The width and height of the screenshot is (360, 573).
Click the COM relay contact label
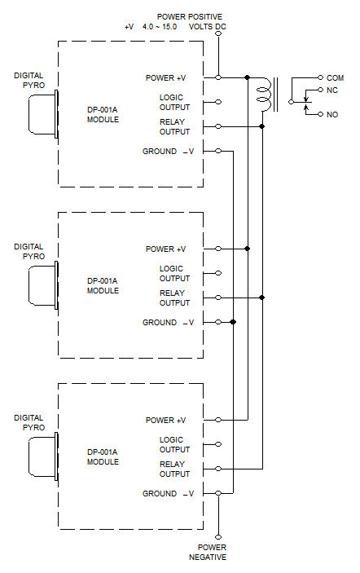tap(335, 77)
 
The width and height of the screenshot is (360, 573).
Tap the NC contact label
tap(331, 90)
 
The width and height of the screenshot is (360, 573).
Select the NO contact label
tap(331, 114)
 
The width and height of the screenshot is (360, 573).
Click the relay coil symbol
tap(264, 94)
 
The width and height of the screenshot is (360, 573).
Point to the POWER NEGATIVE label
tap(208, 552)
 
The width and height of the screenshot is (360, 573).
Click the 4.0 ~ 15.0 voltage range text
tap(160, 27)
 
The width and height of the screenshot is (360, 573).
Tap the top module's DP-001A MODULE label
tap(103, 114)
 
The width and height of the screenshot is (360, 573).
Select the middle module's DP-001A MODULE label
tap(103, 286)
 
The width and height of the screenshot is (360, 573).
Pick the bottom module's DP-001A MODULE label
tap(103, 456)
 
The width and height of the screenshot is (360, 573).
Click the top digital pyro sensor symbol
tap(43, 114)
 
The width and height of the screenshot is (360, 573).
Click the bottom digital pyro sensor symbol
tap(43, 456)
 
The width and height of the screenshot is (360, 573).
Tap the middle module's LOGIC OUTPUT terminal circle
tap(218, 273)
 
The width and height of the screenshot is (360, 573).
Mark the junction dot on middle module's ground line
tap(233, 322)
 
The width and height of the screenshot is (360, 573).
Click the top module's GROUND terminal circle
tap(218, 151)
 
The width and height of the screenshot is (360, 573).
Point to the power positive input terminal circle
tap(218, 33)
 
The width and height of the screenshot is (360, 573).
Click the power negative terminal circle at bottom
tap(218, 537)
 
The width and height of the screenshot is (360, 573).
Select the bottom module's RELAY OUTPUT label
tap(174, 469)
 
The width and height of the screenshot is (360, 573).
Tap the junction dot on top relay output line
tap(261, 126)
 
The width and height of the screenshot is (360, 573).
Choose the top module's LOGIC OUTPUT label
tap(174, 103)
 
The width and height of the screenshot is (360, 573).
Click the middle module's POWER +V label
tap(165, 249)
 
